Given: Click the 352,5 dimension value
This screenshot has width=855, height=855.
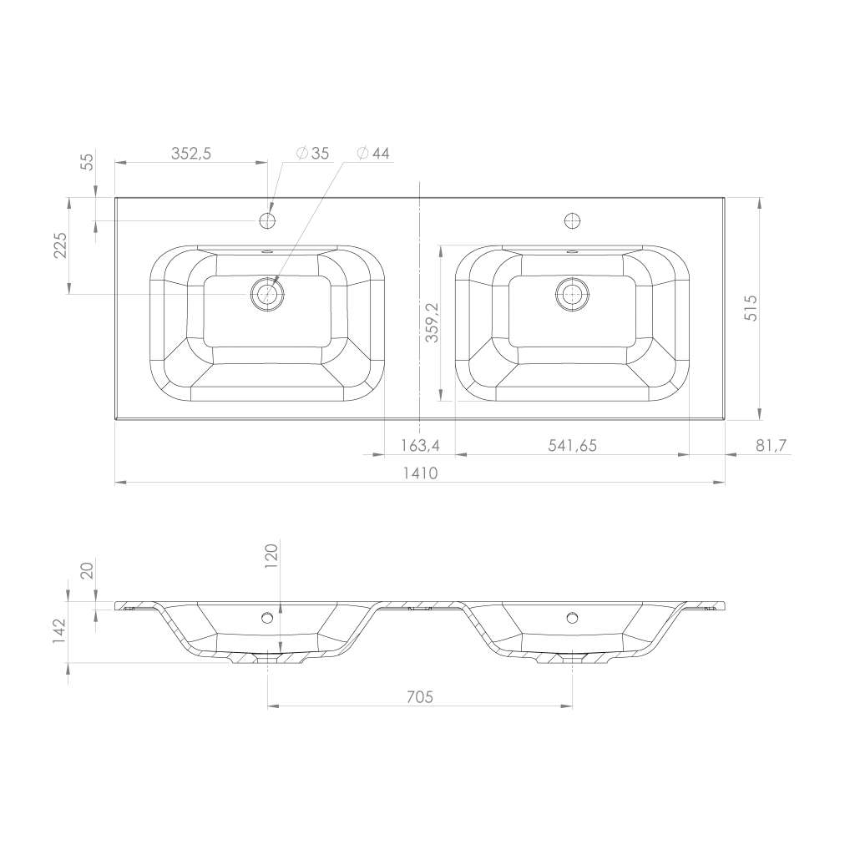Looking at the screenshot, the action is pos(191,154).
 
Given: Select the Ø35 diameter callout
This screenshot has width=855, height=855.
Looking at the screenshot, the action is pos(313,154).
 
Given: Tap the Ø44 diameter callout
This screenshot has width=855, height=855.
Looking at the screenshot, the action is pos(373,154).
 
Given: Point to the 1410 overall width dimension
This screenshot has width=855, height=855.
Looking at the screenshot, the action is pos(421,473).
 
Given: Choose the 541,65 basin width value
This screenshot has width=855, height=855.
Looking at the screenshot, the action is pos(573,446).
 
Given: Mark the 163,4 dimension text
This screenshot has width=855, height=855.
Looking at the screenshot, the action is pos(420,446).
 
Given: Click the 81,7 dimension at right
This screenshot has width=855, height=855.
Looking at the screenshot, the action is pos(772,446).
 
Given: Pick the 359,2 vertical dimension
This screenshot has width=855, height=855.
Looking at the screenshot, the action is pos(432,323).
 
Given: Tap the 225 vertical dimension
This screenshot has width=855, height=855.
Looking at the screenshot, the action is pos(60,245).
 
